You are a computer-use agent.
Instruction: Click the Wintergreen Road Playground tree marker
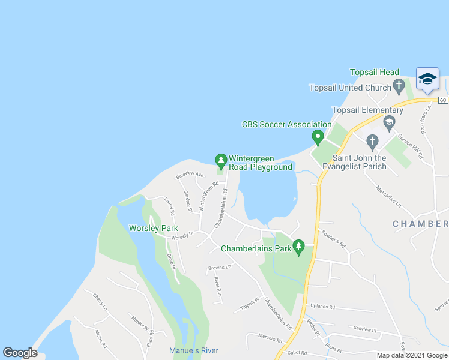point(221,160)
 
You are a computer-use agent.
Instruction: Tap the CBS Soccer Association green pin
point(318,137)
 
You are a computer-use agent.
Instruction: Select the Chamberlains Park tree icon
point(298,246)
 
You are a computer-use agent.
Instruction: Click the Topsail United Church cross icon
point(398,85)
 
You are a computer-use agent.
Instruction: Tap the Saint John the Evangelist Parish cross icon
point(372,142)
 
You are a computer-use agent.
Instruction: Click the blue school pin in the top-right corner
point(427,79)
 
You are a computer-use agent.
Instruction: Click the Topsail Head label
point(374,73)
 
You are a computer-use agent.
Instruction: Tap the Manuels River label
point(194,350)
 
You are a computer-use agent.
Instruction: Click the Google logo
point(20,353)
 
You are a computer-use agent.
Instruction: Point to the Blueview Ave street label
point(190,175)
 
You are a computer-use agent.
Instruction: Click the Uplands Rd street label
point(323,307)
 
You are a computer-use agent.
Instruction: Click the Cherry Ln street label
point(100,301)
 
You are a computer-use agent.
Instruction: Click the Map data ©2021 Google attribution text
point(412,355)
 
